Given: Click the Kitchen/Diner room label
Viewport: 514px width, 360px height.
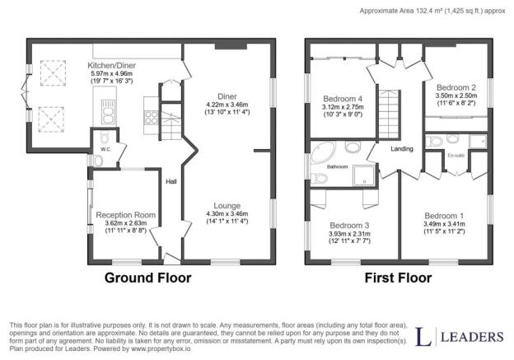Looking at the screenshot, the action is (111, 66).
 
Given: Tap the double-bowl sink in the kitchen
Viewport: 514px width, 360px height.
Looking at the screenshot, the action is (108, 111).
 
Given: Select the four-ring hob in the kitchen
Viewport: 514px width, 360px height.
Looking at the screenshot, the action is (152, 117).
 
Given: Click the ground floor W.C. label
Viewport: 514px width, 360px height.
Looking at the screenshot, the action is (105, 149).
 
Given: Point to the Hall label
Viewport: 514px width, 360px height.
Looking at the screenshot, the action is (171, 181).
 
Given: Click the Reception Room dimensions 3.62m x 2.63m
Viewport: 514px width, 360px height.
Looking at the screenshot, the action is (126, 223).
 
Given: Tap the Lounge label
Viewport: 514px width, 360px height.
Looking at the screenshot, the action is (227, 206).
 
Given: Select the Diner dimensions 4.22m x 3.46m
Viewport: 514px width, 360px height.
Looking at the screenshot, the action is (227, 105).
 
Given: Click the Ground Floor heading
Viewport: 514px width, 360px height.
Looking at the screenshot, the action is (147, 278).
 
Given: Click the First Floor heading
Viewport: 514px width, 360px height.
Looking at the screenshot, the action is (399, 278).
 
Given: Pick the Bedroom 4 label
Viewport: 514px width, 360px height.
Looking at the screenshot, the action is (343, 99).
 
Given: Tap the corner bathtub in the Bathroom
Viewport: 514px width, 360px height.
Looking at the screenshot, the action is (323, 152).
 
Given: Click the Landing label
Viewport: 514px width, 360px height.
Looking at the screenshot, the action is (402, 149).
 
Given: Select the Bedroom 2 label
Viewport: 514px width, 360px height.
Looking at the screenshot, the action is (456, 87).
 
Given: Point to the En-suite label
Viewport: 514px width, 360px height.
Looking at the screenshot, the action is (456, 156).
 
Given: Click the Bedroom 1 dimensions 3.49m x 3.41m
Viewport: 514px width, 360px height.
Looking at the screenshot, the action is (444, 224).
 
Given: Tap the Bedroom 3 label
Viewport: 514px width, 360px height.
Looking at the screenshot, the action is (349, 226).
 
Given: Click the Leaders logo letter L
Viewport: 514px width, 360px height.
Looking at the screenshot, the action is (423, 336).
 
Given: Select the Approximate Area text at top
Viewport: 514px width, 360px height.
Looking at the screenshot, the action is (432, 11).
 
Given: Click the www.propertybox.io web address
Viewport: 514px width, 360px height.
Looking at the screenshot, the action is (161, 348).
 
